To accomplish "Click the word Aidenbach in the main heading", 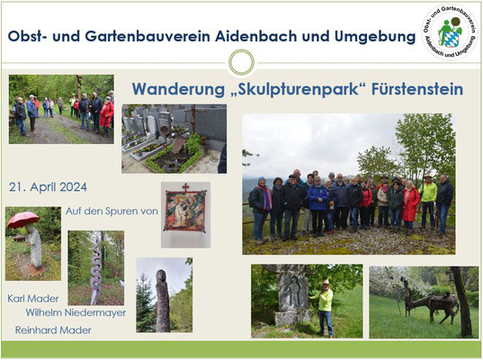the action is [x=256, y=36].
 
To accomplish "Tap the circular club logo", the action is [x=449, y=31].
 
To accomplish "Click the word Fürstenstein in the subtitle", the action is [x=417, y=89].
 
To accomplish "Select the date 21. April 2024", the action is [x=48, y=187].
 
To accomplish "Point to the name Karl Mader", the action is [x=33, y=299].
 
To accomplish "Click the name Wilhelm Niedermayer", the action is [x=76, y=312].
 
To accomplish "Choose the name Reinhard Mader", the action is [x=53, y=330].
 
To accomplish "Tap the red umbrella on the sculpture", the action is [x=23, y=219].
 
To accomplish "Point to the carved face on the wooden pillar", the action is [x=161, y=275].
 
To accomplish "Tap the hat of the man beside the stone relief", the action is [x=326, y=282].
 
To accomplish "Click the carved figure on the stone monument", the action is [x=292, y=292].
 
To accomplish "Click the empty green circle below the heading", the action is [x=242, y=62].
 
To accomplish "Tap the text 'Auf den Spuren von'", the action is [x=112, y=211].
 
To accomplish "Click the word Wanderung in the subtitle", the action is [x=178, y=90].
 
